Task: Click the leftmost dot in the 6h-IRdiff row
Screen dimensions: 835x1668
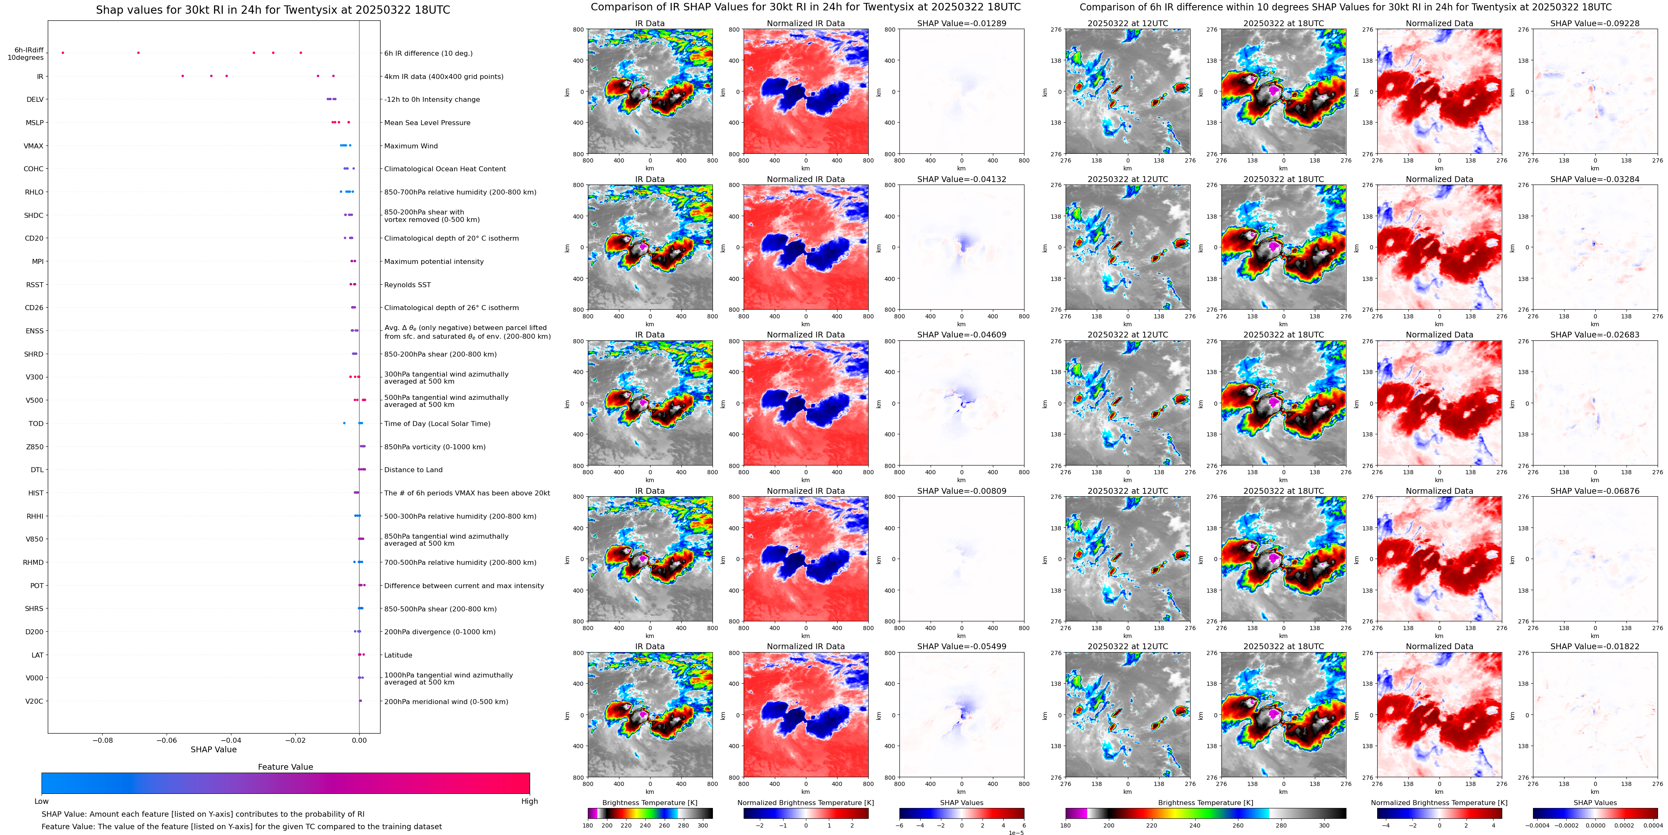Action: (x=63, y=52)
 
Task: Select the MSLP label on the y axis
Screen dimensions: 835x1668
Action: (x=34, y=123)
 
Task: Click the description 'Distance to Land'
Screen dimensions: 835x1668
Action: (x=413, y=470)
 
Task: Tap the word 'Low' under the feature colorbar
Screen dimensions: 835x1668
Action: (x=42, y=801)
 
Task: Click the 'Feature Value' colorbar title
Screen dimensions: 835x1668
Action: (x=285, y=767)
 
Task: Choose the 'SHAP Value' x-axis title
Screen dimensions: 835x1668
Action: (x=213, y=749)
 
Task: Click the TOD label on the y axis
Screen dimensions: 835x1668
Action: (x=36, y=424)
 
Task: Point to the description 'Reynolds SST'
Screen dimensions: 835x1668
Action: (x=407, y=285)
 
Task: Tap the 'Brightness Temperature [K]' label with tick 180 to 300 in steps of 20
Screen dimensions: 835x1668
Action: (x=649, y=803)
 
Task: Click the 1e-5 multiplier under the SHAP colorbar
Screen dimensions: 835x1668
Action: (x=1015, y=833)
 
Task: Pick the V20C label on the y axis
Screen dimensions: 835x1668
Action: (x=34, y=701)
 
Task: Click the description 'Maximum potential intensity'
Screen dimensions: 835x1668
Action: (x=434, y=262)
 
